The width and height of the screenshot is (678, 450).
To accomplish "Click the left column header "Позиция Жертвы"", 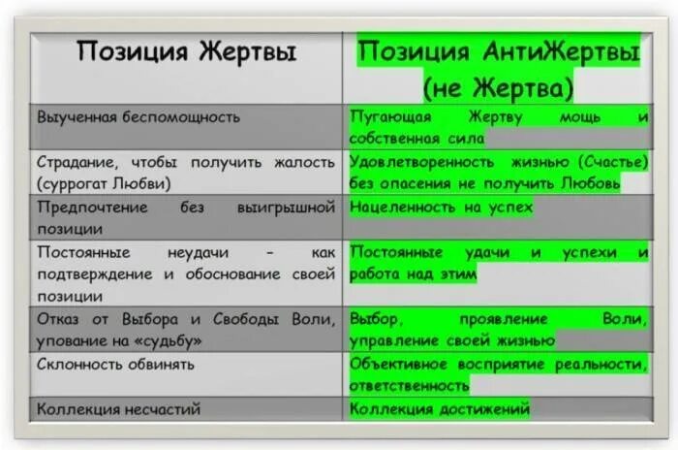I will click(186, 51).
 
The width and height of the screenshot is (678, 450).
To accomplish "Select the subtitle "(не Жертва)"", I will click(498, 87).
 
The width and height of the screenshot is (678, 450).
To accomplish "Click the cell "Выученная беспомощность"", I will click(138, 117).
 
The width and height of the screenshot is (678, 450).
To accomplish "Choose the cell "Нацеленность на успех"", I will click(441, 207).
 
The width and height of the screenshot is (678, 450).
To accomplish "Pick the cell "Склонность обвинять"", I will click(115, 365).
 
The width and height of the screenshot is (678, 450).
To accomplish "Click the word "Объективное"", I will click(397, 365).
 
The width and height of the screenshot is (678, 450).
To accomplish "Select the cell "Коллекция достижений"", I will click(440, 409).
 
